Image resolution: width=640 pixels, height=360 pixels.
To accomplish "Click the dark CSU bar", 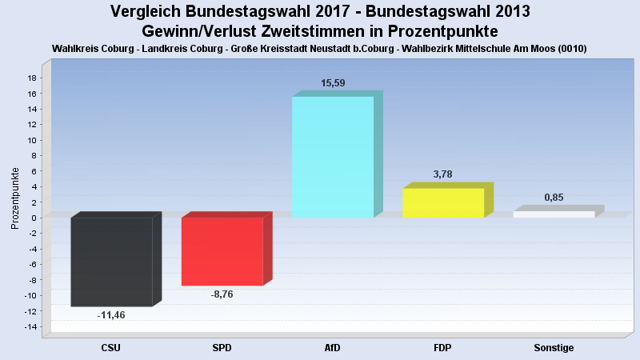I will click(x=111, y=262).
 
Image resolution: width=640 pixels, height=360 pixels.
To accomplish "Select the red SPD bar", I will click(x=222, y=251).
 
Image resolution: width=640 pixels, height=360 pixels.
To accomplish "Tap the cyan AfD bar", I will click(x=332, y=157).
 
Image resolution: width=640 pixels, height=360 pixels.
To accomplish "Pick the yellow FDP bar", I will click(x=442, y=202).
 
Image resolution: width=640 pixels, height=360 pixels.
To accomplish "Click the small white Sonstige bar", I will click(x=553, y=214).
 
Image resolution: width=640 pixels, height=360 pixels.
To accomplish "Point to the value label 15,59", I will click(x=333, y=82).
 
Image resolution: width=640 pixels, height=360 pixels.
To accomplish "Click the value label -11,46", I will click(x=111, y=315).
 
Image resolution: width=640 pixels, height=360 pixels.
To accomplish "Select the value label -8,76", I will click(x=222, y=294).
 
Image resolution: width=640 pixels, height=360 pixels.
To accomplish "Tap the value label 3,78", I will click(x=443, y=174).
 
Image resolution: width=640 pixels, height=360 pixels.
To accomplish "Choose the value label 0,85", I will click(x=554, y=198).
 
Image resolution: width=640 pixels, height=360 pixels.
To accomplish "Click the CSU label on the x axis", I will click(x=111, y=348).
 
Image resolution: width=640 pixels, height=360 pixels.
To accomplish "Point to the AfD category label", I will click(x=332, y=348).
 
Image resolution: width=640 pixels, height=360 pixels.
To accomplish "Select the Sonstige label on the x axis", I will click(x=554, y=348).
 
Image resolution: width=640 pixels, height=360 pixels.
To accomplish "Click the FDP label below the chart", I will click(x=442, y=348).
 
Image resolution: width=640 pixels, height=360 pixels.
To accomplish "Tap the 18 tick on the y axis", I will click(x=32, y=78).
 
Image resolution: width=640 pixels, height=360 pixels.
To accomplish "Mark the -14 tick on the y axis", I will click(x=30, y=326).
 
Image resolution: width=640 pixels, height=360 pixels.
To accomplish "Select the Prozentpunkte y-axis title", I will click(x=15, y=198).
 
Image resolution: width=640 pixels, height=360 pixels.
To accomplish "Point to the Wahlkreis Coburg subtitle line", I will click(x=320, y=49).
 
